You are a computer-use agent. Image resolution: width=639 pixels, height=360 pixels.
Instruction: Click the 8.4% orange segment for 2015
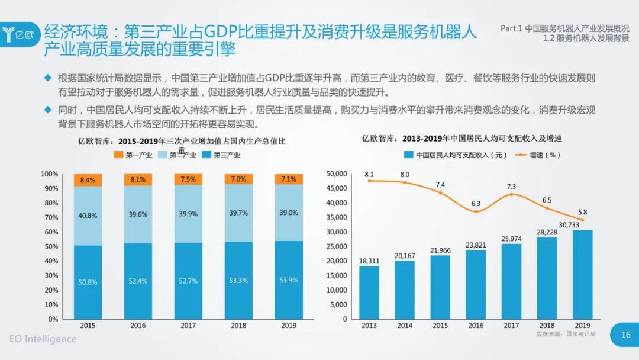coord(88,180)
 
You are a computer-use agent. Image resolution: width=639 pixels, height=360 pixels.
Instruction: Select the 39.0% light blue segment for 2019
coord(289,213)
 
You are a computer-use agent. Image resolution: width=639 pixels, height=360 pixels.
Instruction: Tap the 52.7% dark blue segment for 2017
coord(188,281)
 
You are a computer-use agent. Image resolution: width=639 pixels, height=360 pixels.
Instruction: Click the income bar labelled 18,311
coord(369,292)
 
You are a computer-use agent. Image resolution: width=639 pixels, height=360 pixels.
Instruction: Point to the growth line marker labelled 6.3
coord(476,211)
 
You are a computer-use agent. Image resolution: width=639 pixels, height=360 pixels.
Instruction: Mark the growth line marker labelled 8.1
coord(369,181)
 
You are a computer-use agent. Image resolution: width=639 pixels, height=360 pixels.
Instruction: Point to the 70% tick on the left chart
coord(50,217)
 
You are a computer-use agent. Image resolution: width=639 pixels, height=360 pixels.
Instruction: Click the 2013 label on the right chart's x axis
coord(369,326)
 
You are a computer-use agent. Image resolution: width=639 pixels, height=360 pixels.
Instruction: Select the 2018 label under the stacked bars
coord(238,326)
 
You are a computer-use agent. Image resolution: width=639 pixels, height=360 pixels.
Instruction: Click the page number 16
coord(625,335)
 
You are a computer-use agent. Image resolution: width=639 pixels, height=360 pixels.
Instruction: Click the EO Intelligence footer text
coord(43,339)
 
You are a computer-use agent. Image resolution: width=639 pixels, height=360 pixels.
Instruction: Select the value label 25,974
coord(512,238)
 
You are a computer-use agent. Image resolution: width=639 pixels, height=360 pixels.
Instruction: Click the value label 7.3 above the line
coord(512,187)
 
